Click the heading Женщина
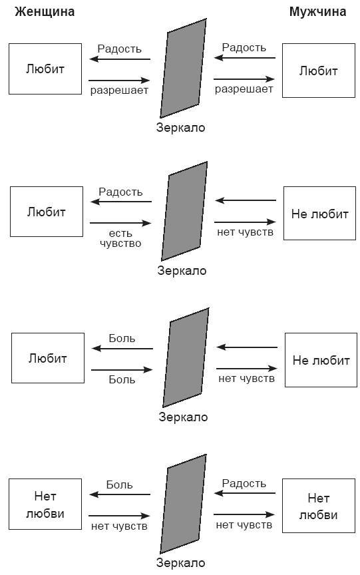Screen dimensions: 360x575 coord(45,13)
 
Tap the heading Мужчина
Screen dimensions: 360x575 coord(317,12)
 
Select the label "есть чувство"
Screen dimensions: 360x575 coord(120,238)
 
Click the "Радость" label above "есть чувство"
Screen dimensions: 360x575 coord(120,192)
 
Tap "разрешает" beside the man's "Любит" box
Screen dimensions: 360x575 coord(244,89)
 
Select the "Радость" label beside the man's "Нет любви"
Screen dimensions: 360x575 coord(244,483)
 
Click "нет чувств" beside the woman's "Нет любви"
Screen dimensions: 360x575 coord(119,526)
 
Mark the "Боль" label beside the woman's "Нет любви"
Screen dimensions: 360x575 coord(119,484)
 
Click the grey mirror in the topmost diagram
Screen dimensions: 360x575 coord(183,68)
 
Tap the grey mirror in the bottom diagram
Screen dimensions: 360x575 coord(183,504)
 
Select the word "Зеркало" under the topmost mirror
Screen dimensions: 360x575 coord(181,128)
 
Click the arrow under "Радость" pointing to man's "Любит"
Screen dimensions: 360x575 coord(244,79)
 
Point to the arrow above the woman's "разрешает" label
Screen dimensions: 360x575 coord(120,80)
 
